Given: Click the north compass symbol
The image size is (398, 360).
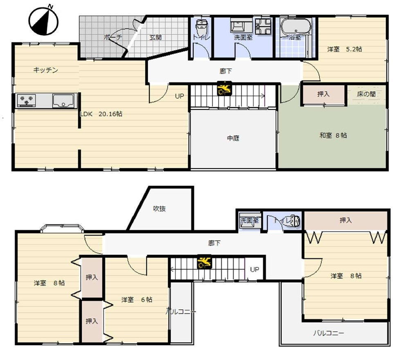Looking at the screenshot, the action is tap(43, 21).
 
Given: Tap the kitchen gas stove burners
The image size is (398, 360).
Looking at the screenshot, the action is tap(27, 100).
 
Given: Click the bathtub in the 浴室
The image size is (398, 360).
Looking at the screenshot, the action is tap(296, 27).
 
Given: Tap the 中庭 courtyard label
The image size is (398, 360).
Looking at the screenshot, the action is tap(233, 138).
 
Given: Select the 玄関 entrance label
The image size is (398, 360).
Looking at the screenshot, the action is tap(155, 37).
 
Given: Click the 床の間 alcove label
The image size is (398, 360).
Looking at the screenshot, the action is tap(366, 94).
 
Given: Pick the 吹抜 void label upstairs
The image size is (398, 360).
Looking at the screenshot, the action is tap(160, 208).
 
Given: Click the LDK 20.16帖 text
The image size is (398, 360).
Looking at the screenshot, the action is tap(101, 114).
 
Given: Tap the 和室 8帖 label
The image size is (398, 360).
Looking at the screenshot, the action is tap(333, 135).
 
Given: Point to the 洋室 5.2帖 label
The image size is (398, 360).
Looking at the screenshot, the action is tap(344, 49).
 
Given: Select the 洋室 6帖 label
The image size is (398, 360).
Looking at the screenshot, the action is tap(137, 299).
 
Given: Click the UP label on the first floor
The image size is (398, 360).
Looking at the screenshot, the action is tap(180, 96).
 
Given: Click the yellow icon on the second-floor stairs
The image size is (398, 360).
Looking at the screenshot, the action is tap(205, 262).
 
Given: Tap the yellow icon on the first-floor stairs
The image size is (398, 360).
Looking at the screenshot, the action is tap(225, 88).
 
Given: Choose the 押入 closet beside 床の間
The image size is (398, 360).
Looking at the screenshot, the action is tap(324, 94).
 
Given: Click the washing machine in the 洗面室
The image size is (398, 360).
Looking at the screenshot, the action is tap(263, 26).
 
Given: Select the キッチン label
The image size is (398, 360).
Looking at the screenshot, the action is tap(46, 70).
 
